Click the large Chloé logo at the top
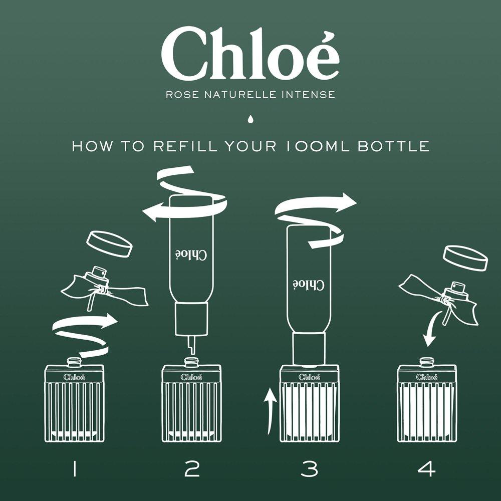pos(250,54)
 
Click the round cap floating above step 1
pos(109,245)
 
